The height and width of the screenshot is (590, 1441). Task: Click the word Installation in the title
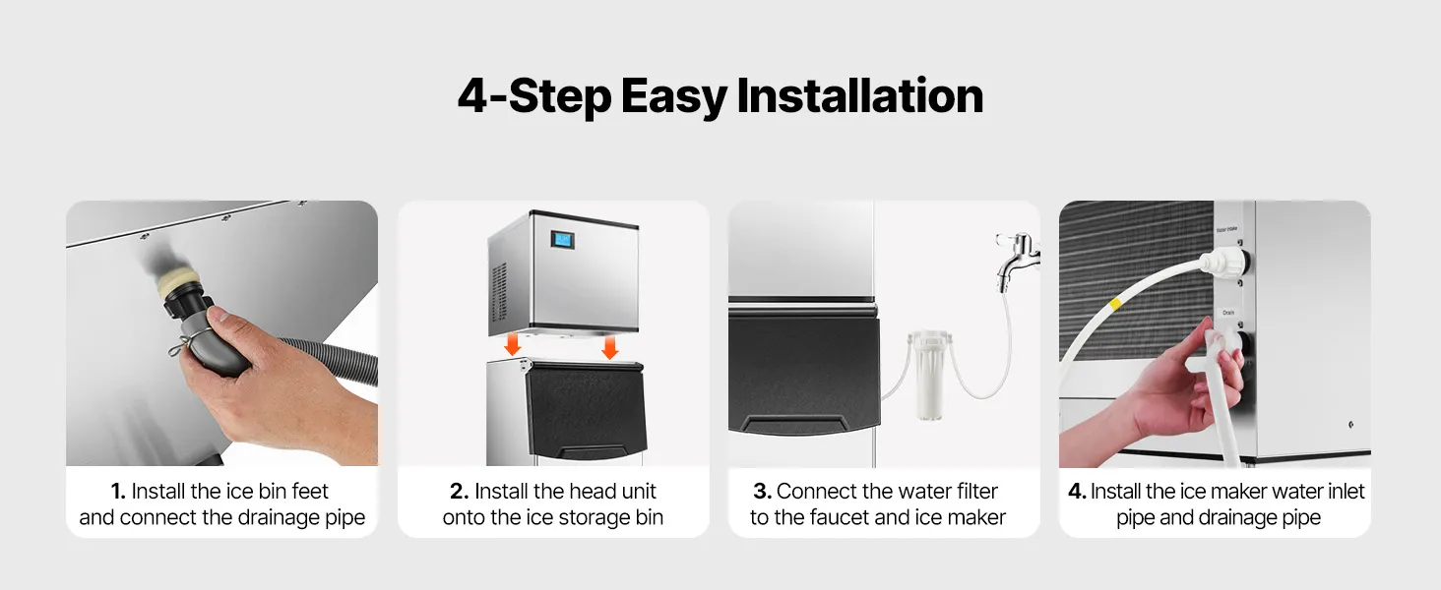pos(860,96)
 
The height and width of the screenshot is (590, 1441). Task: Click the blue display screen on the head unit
pos(563,240)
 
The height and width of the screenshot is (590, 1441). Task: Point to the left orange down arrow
pos(512,344)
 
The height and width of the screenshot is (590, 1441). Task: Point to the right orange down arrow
pos(609,347)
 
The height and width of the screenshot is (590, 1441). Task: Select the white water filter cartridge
pos(928,376)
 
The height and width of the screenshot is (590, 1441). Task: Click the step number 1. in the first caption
pos(118,491)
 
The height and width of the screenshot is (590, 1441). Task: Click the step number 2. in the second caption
pos(460,491)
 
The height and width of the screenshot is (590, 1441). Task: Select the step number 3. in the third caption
pos(762,491)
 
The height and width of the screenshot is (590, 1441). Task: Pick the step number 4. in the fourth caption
pos(1077,491)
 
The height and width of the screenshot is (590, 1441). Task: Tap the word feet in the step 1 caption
pos(309,491)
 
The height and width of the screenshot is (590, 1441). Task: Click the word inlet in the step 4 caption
pos(1346,491)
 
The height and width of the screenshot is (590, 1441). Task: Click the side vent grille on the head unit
pos(500,292)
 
